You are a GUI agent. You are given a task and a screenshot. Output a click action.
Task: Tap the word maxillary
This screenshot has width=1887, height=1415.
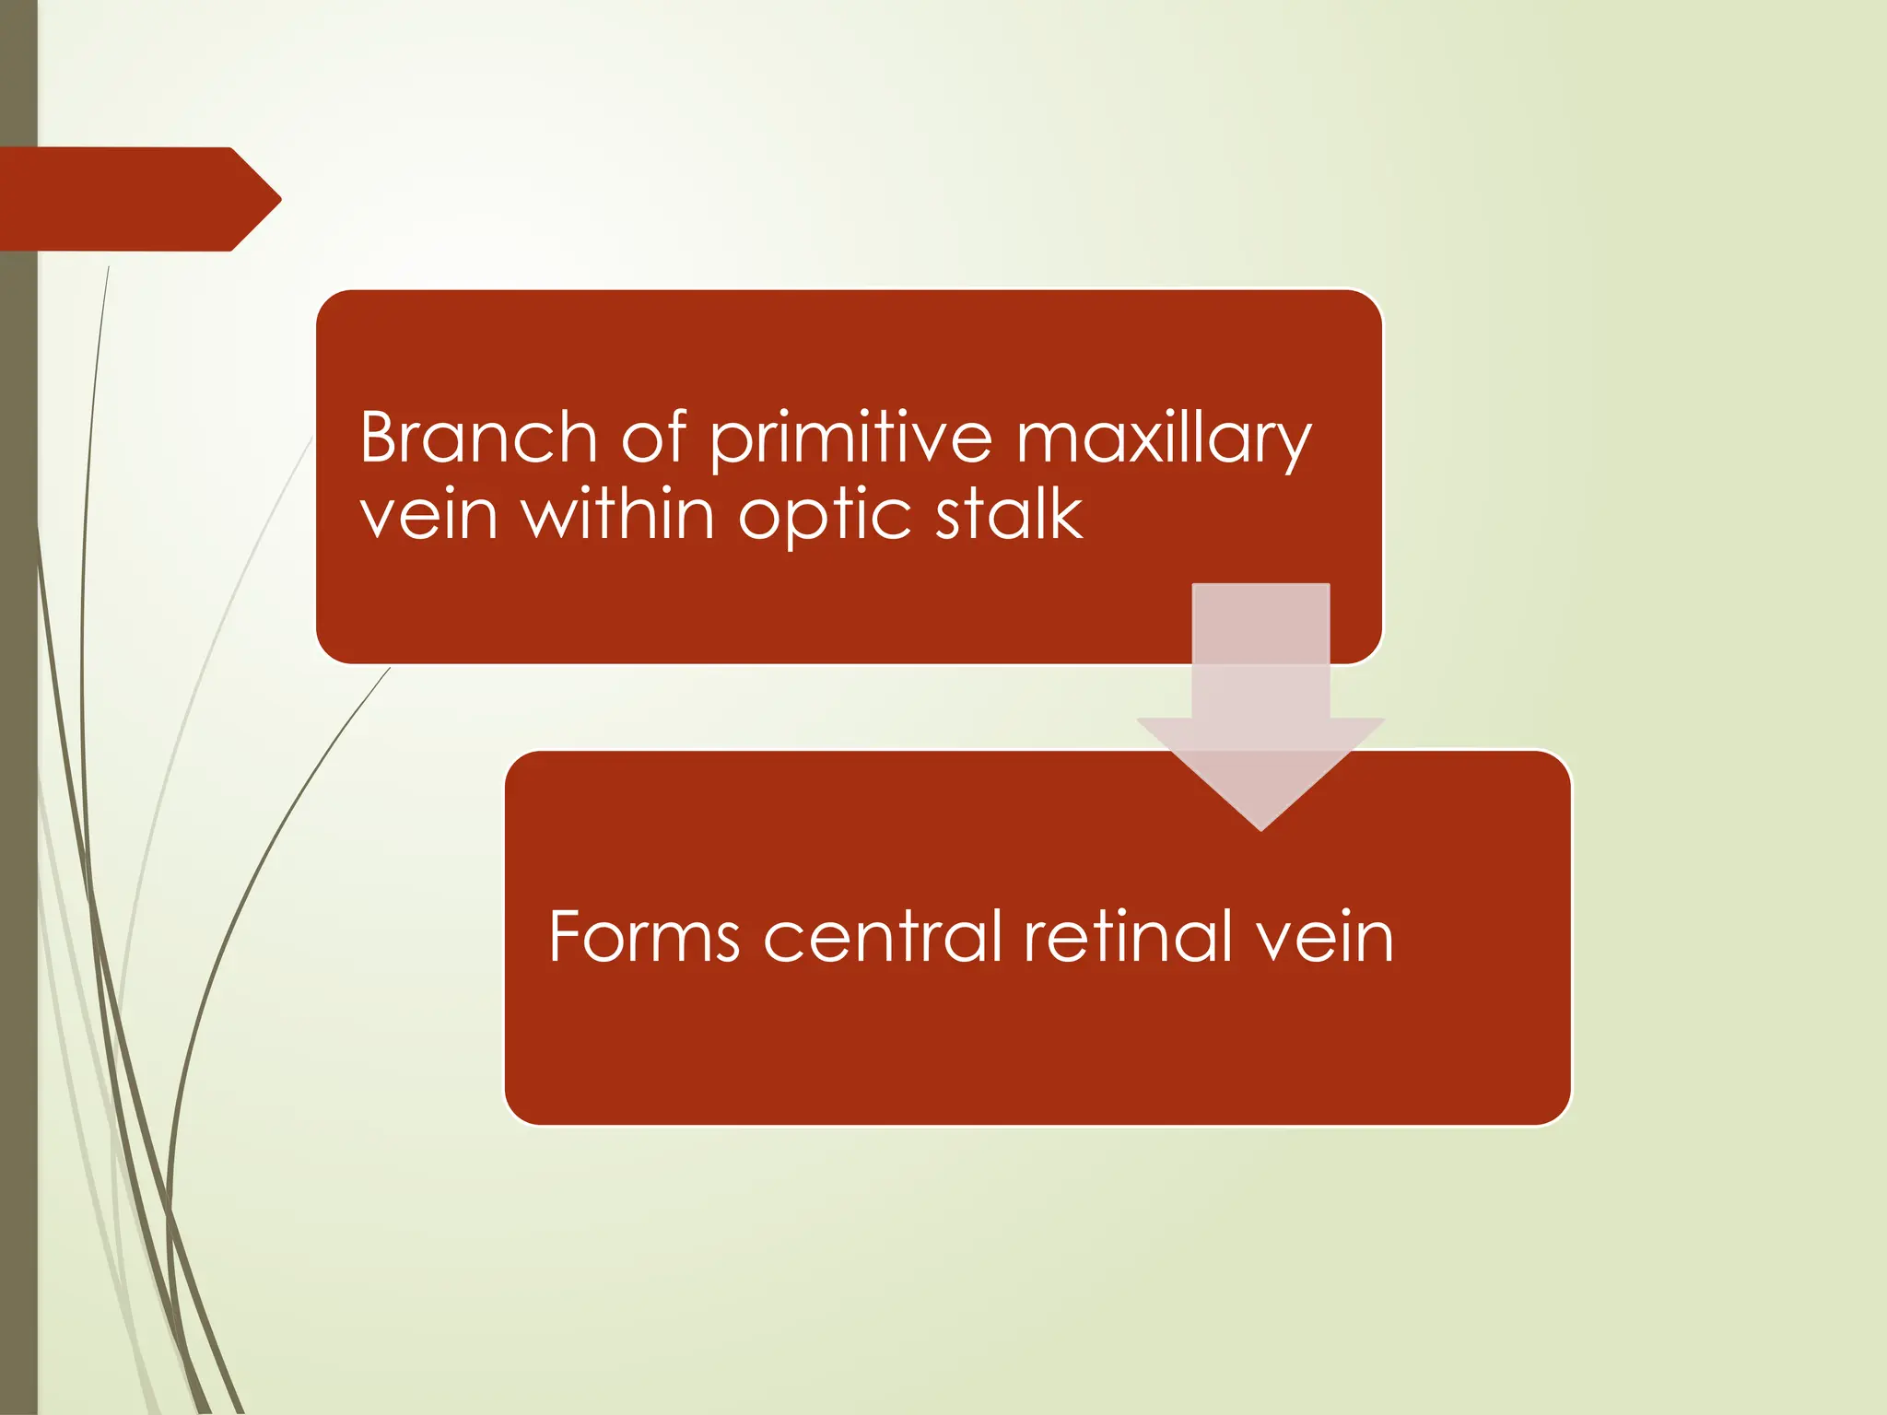point(1163,440)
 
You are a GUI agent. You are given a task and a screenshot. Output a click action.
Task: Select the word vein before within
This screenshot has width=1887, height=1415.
point(428,516)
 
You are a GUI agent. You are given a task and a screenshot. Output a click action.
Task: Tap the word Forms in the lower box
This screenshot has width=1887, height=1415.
point(643,937)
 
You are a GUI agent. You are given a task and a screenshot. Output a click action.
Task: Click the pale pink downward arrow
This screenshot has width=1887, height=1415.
point(1260,700)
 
